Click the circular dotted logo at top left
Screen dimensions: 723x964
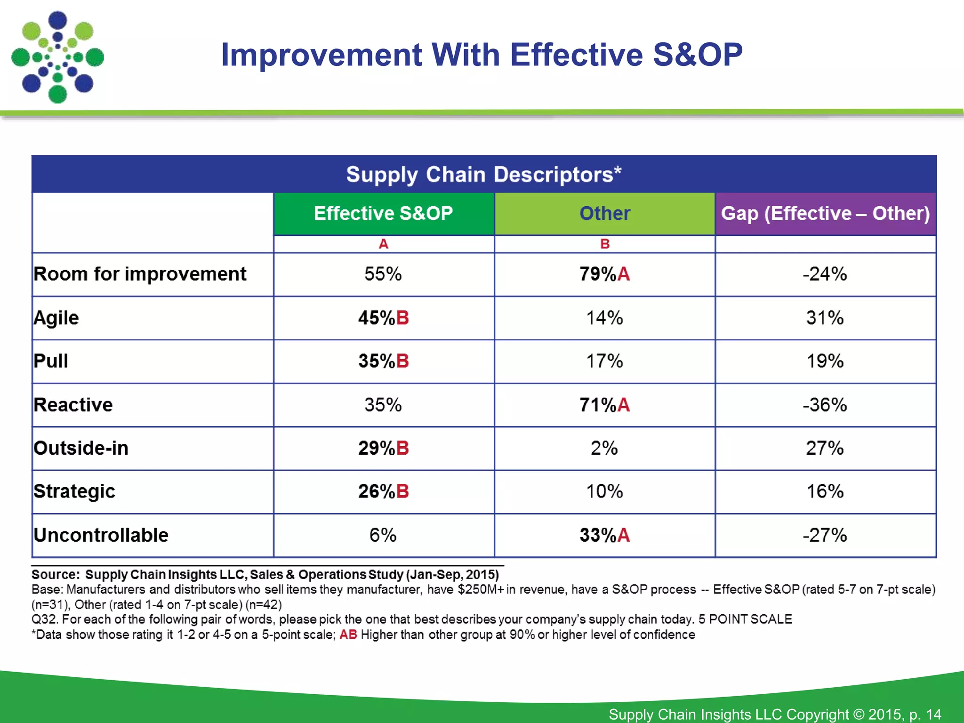57,57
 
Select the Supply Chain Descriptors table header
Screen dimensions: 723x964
483,174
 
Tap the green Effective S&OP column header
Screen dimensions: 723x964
383,213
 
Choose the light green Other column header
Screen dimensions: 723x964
604,213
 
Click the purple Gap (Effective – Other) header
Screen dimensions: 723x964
825,213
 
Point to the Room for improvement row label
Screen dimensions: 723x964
140,274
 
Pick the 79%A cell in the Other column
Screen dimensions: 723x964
604,274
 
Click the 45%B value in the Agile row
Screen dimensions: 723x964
383,318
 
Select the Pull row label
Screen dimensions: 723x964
51,361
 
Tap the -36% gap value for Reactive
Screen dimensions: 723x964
825,405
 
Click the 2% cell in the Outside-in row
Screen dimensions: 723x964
604,448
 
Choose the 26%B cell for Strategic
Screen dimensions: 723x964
383,491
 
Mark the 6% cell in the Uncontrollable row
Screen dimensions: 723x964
383,535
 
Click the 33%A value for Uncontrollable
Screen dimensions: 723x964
604,535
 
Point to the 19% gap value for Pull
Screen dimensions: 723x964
825,361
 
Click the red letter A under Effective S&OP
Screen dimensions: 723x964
383,244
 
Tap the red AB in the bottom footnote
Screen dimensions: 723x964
348,635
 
